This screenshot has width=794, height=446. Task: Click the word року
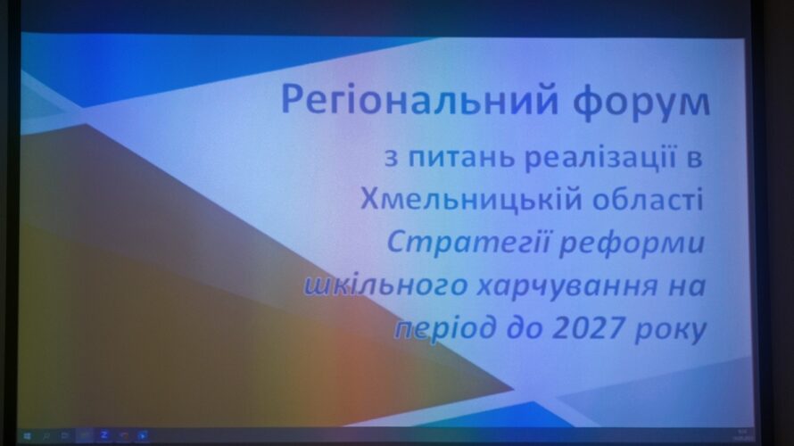pyautogui.click(x=669, y=330)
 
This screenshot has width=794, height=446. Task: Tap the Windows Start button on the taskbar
pyautogui.click(x=27, y=435)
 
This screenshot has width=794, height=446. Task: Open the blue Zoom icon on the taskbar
pyautogui.click(x=104, y=435)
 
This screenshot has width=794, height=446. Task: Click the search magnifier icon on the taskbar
pyautogui.click(x=46, y=435)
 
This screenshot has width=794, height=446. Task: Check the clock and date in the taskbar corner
pyautogui.click(x=743, y=434)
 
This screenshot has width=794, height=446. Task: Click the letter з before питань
pyautogui.click(x=391, y=158)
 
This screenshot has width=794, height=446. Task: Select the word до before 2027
pyautogui.click(x=524, y=329)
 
